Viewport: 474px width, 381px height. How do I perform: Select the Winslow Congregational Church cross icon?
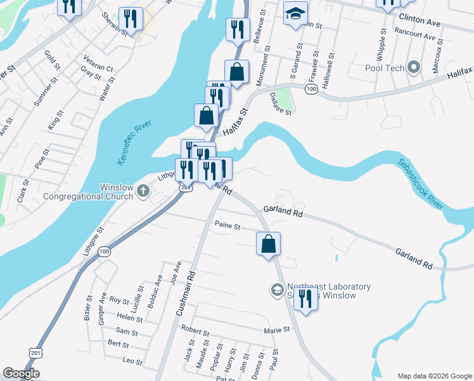point(143,189)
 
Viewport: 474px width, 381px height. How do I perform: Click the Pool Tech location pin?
point(414,67)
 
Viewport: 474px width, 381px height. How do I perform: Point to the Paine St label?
point(227,225)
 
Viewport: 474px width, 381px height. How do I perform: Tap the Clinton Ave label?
point(420,21)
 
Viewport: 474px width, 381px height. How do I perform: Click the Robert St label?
point(195,331)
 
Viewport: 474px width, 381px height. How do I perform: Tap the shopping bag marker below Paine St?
point(268,244)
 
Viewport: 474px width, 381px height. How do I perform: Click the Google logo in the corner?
point(21,373)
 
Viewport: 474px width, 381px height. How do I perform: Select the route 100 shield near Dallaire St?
point(311,90)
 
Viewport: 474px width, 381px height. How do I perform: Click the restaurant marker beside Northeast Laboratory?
point(305,299)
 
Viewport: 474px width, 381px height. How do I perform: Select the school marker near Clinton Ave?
point(295,15)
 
